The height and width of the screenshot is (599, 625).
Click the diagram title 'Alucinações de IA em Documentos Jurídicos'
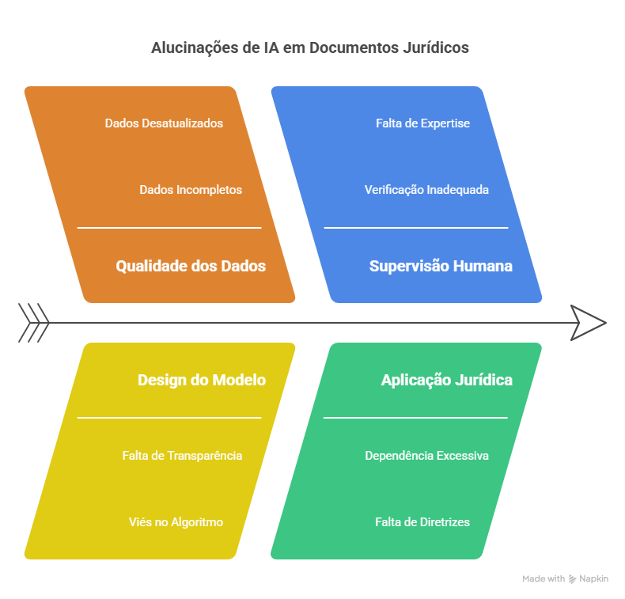pos(309,47)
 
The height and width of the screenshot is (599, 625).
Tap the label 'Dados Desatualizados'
pos(164,123)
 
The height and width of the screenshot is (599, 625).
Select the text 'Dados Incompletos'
pos(191,190)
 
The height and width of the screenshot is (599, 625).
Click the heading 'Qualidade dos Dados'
pos(191,266)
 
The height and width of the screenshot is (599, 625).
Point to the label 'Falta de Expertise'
pos(423,123)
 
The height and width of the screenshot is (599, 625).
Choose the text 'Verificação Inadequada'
pos(426,190)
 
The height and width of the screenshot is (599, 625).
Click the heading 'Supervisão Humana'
pos(441,266)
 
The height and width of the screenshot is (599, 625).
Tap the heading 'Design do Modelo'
pos(202,380)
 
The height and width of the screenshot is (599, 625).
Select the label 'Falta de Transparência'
pos(182,456)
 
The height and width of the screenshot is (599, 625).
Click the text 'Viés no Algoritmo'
pos(176,522)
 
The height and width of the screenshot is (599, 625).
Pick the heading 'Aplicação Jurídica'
pos(447,380)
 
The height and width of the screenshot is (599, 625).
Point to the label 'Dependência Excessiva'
pos(426,456)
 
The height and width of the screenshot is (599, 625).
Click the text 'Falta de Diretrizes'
pos(422,522)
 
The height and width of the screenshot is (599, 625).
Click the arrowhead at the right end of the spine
pos(589,323)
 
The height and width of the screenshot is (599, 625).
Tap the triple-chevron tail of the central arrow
pos(34,323)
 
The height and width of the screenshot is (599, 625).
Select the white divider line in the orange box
pos(169,228)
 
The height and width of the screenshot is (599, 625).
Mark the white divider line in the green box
pos(415,418)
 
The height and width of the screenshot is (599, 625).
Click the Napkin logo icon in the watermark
pos(572,579)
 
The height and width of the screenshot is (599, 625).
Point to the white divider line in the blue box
pos(416,228)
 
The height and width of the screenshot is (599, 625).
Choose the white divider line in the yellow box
pos(169,418)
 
